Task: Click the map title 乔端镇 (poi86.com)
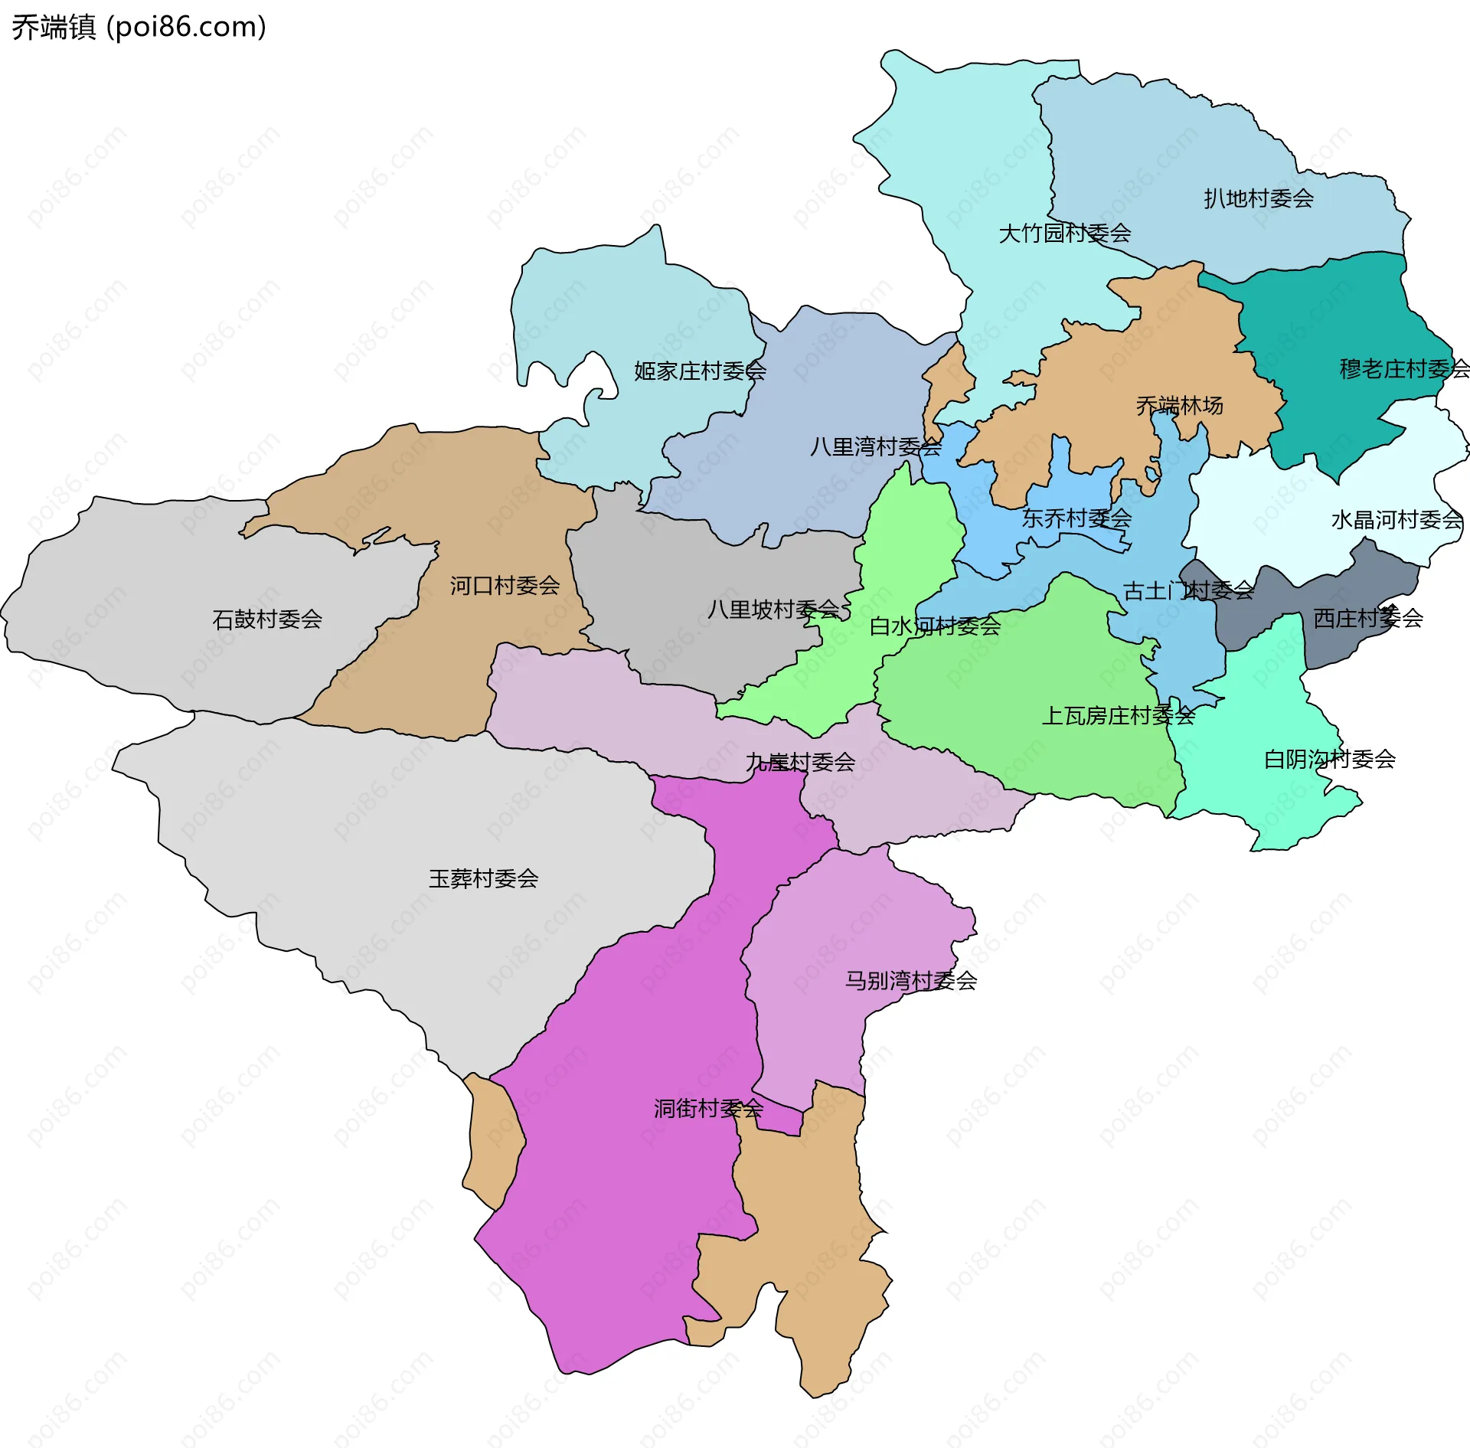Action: tap(139, 28)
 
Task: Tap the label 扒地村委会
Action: tap(1258, 199)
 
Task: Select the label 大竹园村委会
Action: tap(1064, 234)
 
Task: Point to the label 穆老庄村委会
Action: tap(1403, 369)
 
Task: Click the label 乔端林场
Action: tap(1179, 405)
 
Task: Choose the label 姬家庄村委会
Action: tap(700, 371)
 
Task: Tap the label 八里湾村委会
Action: tap(875, 447)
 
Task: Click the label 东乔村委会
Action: tap(1076, 518)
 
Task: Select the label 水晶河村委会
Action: tap(1396, 521)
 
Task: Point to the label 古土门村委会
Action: tap(1188, 590)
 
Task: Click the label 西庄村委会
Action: tap(1367, 619)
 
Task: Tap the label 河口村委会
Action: tap(505, 586)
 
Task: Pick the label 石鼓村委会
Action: tap(267, 619)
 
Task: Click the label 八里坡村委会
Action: tap(773, 610)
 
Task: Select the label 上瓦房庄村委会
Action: tap(1118, 716)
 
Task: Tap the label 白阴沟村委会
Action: tap(1329, 760)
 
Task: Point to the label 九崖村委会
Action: tap(800, 762)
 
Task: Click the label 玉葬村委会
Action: tap(483, 879)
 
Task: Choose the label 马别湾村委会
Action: tap(910, 981)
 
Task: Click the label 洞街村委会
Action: tap(708, 1109)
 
